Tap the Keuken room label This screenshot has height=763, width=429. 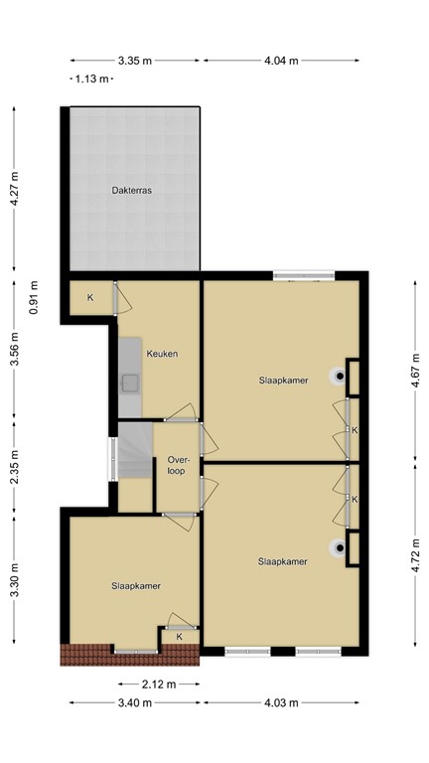[162, 354]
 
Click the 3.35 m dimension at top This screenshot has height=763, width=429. [134, 61]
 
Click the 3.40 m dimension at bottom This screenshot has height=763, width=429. [134, 703]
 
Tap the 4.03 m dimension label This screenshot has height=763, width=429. [281, 703]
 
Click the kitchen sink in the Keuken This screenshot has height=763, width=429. [130, 381]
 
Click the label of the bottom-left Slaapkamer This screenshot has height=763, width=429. [137, 586]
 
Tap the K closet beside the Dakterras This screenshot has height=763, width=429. [90, 297]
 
